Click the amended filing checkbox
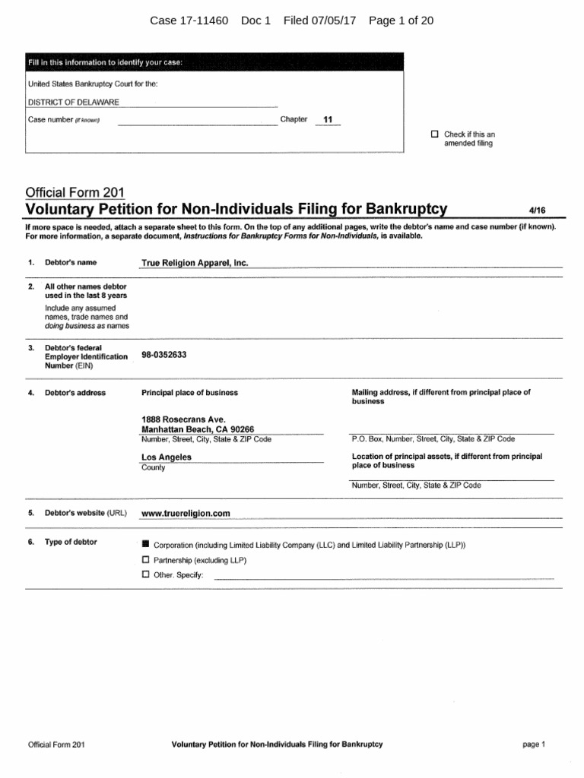(x=435, y=134)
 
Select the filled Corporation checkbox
(x=146, y=545)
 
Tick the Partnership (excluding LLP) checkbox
(x=146, y=560)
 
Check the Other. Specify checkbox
(x=146, y=575)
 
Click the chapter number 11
(x=328, y=120)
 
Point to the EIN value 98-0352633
(x=164, y=355)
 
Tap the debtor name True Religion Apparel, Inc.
(x=195, y=263)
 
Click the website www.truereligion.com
(x=186, y=514)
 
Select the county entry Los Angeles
(x=167, y=457)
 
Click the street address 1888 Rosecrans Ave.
(x=184, y=419)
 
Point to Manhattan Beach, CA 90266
(x=198, y=429)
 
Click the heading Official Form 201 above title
(x=75, y=193)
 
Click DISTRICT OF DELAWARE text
(x=73, y=103)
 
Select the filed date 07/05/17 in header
(x=335, y=21)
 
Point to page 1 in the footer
(x=534, y=745)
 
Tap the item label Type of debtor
(x=71, y=542)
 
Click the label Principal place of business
(x=189, y=393)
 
